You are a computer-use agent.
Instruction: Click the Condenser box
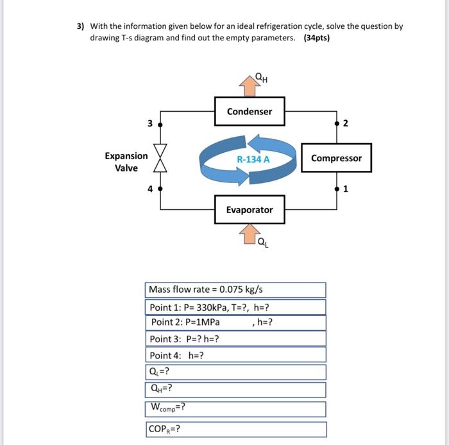tap(249, 112)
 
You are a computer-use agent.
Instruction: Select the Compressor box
tap(336, 159)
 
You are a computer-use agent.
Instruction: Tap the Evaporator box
tap(249, 210)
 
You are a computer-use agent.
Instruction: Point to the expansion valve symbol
tap(160, 157)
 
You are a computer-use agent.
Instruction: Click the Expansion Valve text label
tap(126, 161)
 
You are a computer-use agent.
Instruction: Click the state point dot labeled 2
tap(337, 123)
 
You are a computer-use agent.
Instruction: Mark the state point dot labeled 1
tap(337, 189)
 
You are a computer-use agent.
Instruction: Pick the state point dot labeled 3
tap(160, 123)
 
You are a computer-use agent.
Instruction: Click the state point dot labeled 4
tap(160, 189)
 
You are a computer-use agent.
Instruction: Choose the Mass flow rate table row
tap(236, 290)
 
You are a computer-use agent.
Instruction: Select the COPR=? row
tap(236, 430)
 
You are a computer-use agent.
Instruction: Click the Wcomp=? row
tap(236, 408)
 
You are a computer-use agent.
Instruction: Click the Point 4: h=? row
tap(236, 355)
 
